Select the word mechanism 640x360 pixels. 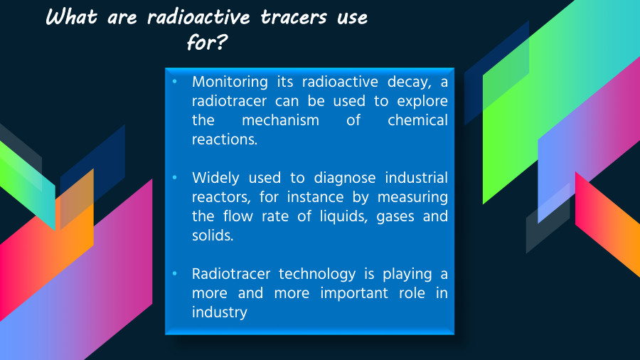[x=280, y=120]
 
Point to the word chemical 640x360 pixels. [x=417, y=120]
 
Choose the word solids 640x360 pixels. [x=213, y=235]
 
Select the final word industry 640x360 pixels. [x=219, y=312]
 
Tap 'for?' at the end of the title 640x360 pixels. [x=206, y=42]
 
